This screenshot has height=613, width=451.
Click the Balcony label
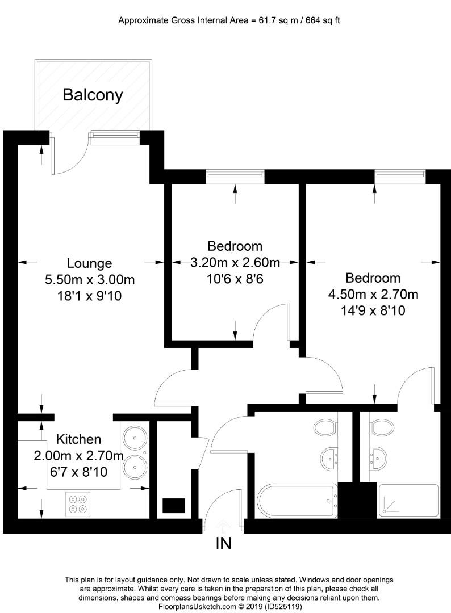coord(92,95)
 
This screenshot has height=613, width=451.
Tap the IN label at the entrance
coord(223,543)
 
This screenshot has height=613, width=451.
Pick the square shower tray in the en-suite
coord(408,500)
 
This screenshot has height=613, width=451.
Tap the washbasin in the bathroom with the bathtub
coord(329,456)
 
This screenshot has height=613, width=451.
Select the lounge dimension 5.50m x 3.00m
coord(89,280)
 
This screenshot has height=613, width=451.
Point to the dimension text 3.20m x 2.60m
coord(235,262)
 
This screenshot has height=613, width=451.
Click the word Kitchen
coord(78,439)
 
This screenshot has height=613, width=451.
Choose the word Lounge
coord(89,263)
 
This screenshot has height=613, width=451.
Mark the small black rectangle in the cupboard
coord(174,505)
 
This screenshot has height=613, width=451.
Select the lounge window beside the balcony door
coord(114,135)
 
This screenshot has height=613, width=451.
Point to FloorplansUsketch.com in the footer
coord(189,607)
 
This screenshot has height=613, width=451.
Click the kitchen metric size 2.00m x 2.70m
coord(78,455)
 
